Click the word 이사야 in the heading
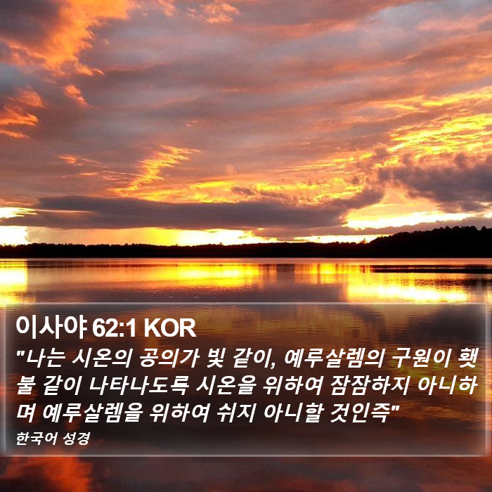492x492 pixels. coord(51,328)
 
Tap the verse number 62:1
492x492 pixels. coord(114,328)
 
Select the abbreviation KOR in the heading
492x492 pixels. coord(170,328)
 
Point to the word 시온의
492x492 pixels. coord(102,358)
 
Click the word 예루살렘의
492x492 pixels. coord(334,358)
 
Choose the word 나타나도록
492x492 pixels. coord(138,385)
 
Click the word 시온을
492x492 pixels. coord(224,385)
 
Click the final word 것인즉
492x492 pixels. coord(361,413)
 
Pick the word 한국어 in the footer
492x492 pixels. coord(37,439)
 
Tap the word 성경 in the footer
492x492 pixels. coord(77,439)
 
